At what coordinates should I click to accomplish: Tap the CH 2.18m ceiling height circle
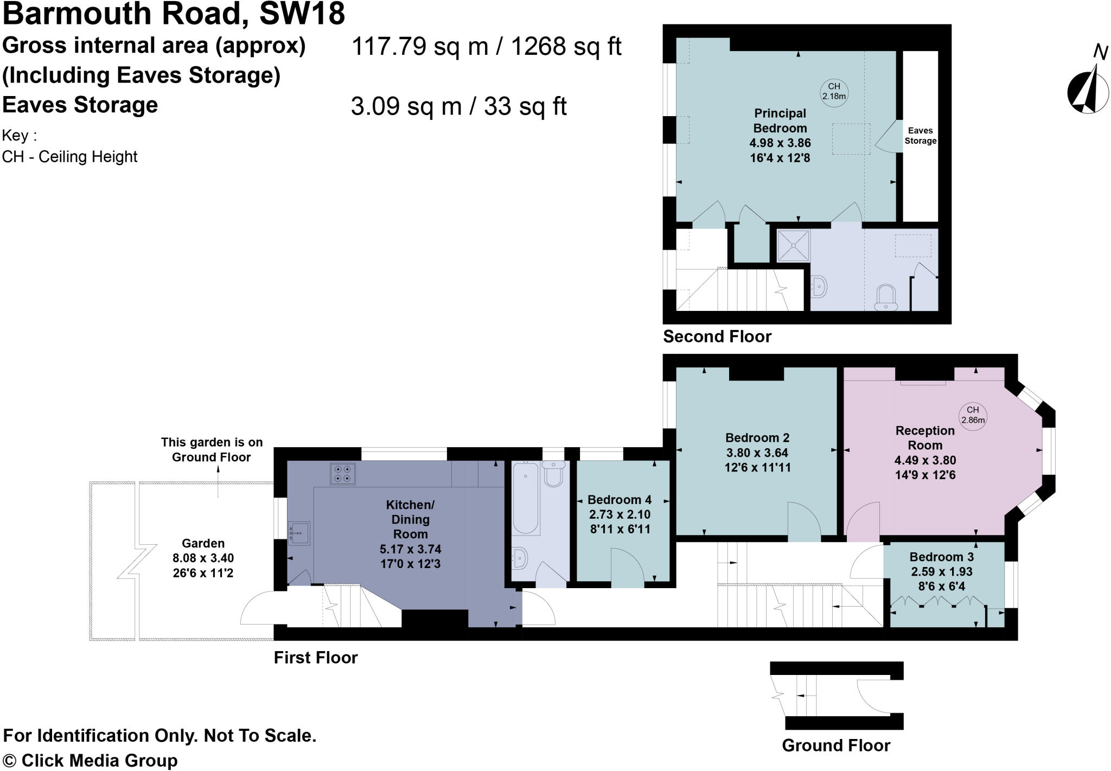(x=834, y=92)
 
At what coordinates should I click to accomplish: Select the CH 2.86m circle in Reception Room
(x=972, y=416)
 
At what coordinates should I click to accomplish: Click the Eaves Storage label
(x=920, y=136)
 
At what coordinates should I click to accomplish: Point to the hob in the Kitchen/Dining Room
(x=342, y=473)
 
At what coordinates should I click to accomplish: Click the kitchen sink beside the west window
(x=299, y=533)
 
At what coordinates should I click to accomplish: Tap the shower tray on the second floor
(x=793, y=245)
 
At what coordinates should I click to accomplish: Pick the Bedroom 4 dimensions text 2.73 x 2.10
(x=620, y=514)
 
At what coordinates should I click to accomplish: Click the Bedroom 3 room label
(x=941, y=557)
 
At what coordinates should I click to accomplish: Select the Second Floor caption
(x=717, y=336)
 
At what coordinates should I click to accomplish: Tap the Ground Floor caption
(x=835, y=745)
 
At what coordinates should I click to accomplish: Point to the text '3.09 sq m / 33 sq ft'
(x=458, y=106)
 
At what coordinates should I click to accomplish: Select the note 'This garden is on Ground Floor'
(x=212, y=450)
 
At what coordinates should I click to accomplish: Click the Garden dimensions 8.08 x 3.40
(x=203, y=558)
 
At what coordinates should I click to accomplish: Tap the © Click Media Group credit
(x=90, y=760)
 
